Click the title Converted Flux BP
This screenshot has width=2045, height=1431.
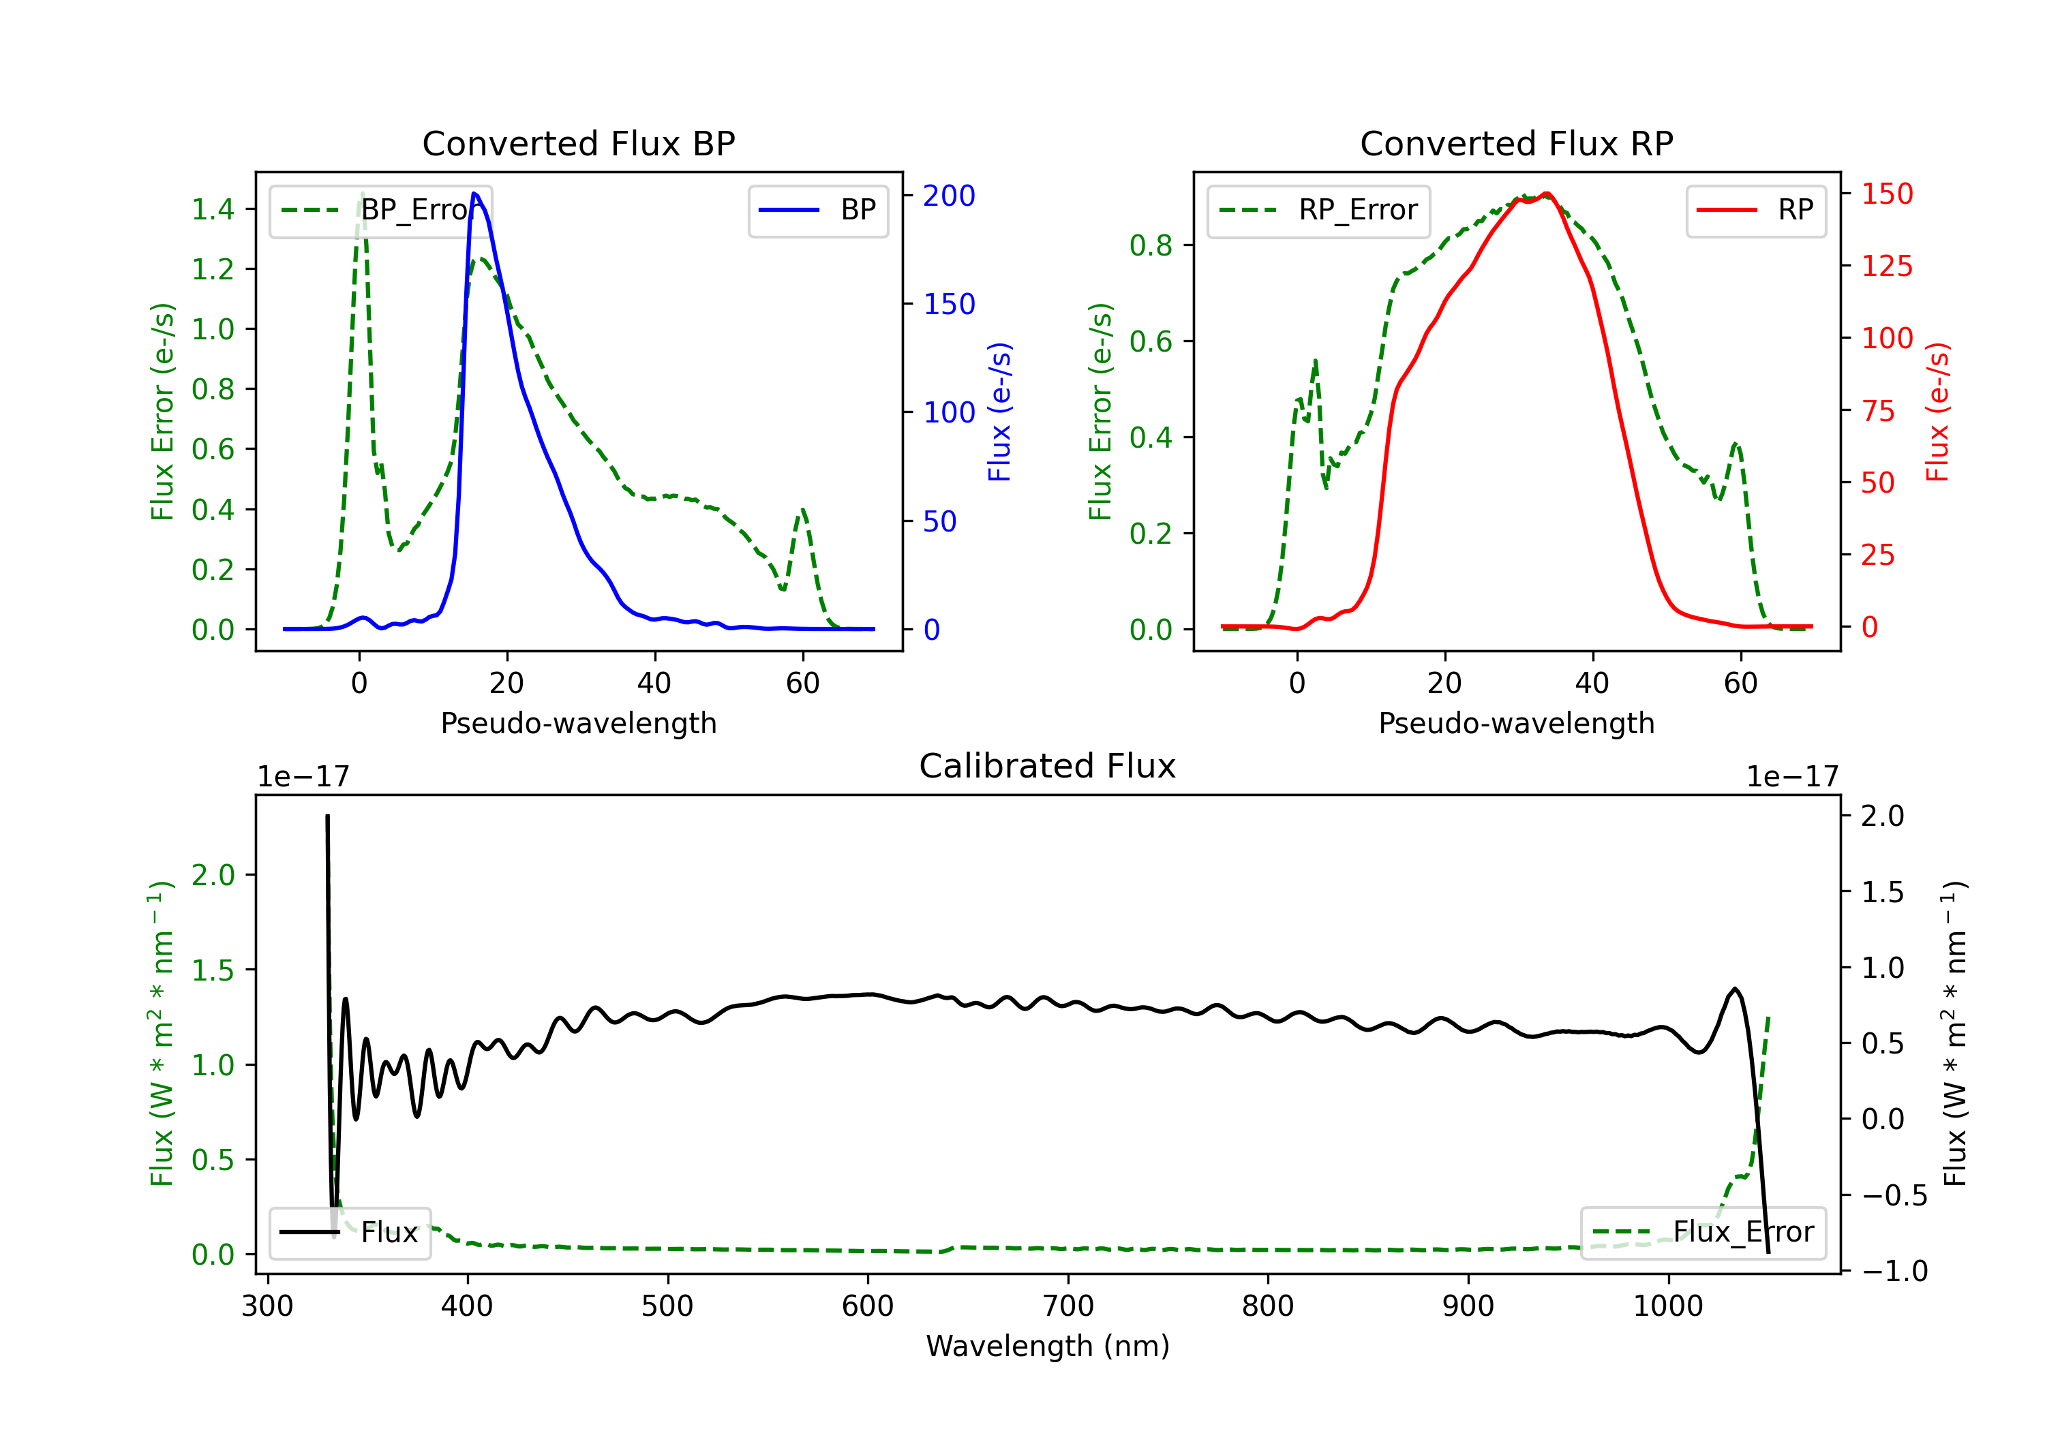coord(578,143)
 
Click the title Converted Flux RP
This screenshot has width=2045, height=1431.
coord(1516,143)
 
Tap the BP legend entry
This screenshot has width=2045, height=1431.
coord(817,210)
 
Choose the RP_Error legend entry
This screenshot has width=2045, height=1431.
coord(1318,210)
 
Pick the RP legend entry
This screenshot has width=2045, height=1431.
coord(1755,210)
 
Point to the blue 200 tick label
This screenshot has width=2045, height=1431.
coord(949,196)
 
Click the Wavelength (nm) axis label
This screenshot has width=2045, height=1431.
coord(1048,1347)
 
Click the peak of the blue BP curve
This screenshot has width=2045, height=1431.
coord(474,194)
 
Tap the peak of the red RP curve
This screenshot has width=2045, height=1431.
coord(1547,194)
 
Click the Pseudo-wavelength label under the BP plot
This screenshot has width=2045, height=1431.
coord(578,723)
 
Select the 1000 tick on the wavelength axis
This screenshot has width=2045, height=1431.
coord(1667,1306)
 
